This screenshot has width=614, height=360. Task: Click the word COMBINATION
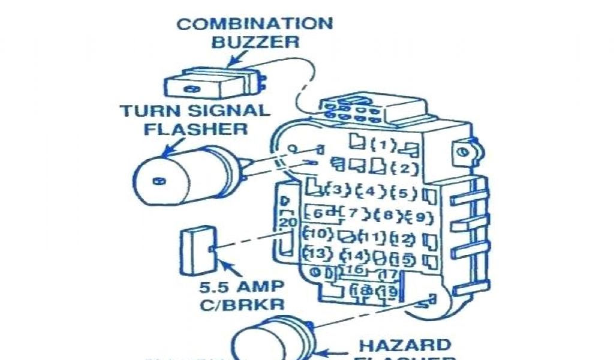(x=254, y=24)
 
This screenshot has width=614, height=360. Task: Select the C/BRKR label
(x=242, y=303)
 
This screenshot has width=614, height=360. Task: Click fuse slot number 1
(x=383, y=145)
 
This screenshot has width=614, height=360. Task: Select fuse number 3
(x=337, y=190)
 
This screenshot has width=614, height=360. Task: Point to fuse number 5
(x=404, y=193)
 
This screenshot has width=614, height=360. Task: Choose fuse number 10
(x=318, y=233)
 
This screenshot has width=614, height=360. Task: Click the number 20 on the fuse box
(x=288, y=222)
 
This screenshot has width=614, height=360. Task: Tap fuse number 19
(x=389, y=292)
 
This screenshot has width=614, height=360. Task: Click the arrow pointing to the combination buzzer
(x=238, y=59)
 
